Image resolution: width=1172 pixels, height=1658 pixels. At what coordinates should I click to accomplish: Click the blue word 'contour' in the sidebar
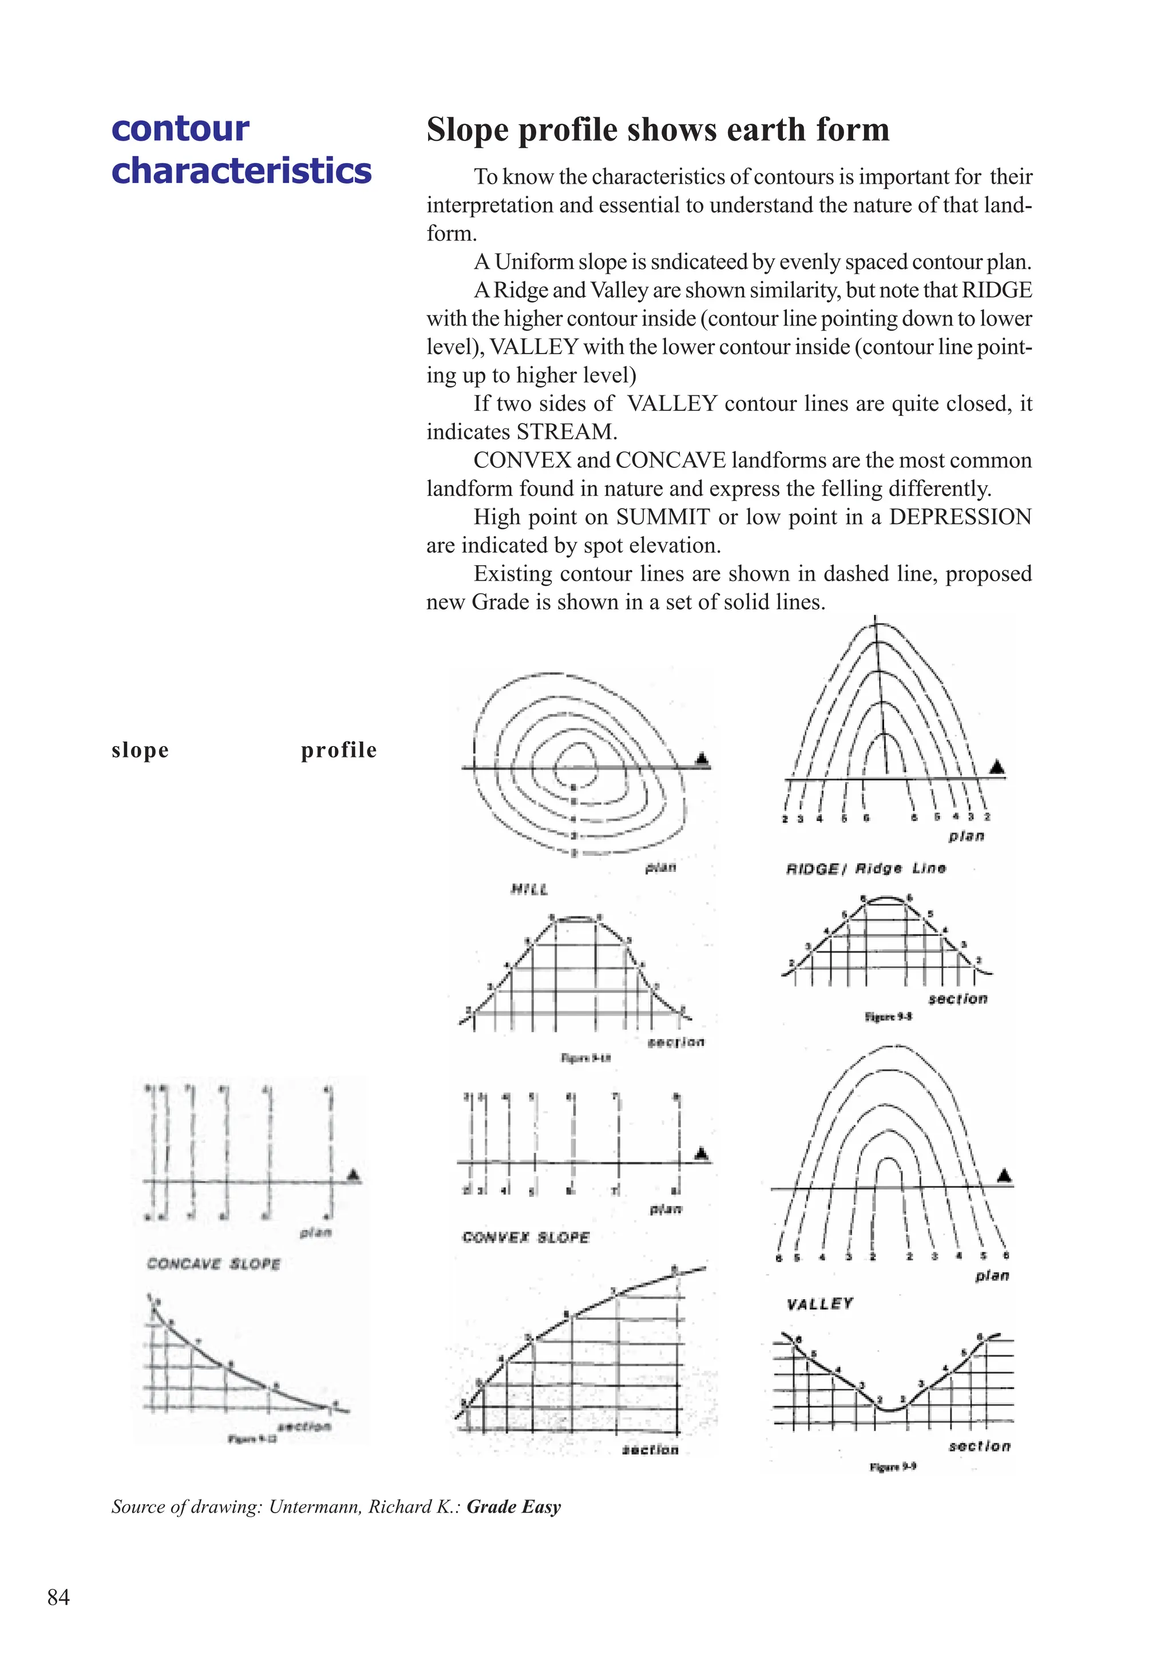coord(180,129)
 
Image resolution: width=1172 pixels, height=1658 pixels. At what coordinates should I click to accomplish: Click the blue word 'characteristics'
coord(241,171)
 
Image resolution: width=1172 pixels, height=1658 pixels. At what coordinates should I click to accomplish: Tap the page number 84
coord(58,1597)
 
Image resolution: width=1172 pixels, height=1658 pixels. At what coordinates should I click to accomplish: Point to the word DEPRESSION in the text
coord(960,517)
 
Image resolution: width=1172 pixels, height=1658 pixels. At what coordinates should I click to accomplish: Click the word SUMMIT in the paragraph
coord(663,517)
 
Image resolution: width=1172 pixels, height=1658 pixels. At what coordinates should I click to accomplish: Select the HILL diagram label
coord(529,890)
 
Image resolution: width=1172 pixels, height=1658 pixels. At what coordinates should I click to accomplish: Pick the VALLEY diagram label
coord(819,1303)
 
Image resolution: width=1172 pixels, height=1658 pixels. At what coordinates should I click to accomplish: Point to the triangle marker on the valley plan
coord(1004,1177)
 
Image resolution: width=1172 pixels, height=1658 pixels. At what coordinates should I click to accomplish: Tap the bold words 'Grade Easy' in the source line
coord(513,1507)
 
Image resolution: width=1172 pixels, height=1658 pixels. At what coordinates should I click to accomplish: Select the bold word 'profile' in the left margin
coord(339,750)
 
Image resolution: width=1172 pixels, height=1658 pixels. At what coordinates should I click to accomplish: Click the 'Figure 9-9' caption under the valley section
coord(893,1467)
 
